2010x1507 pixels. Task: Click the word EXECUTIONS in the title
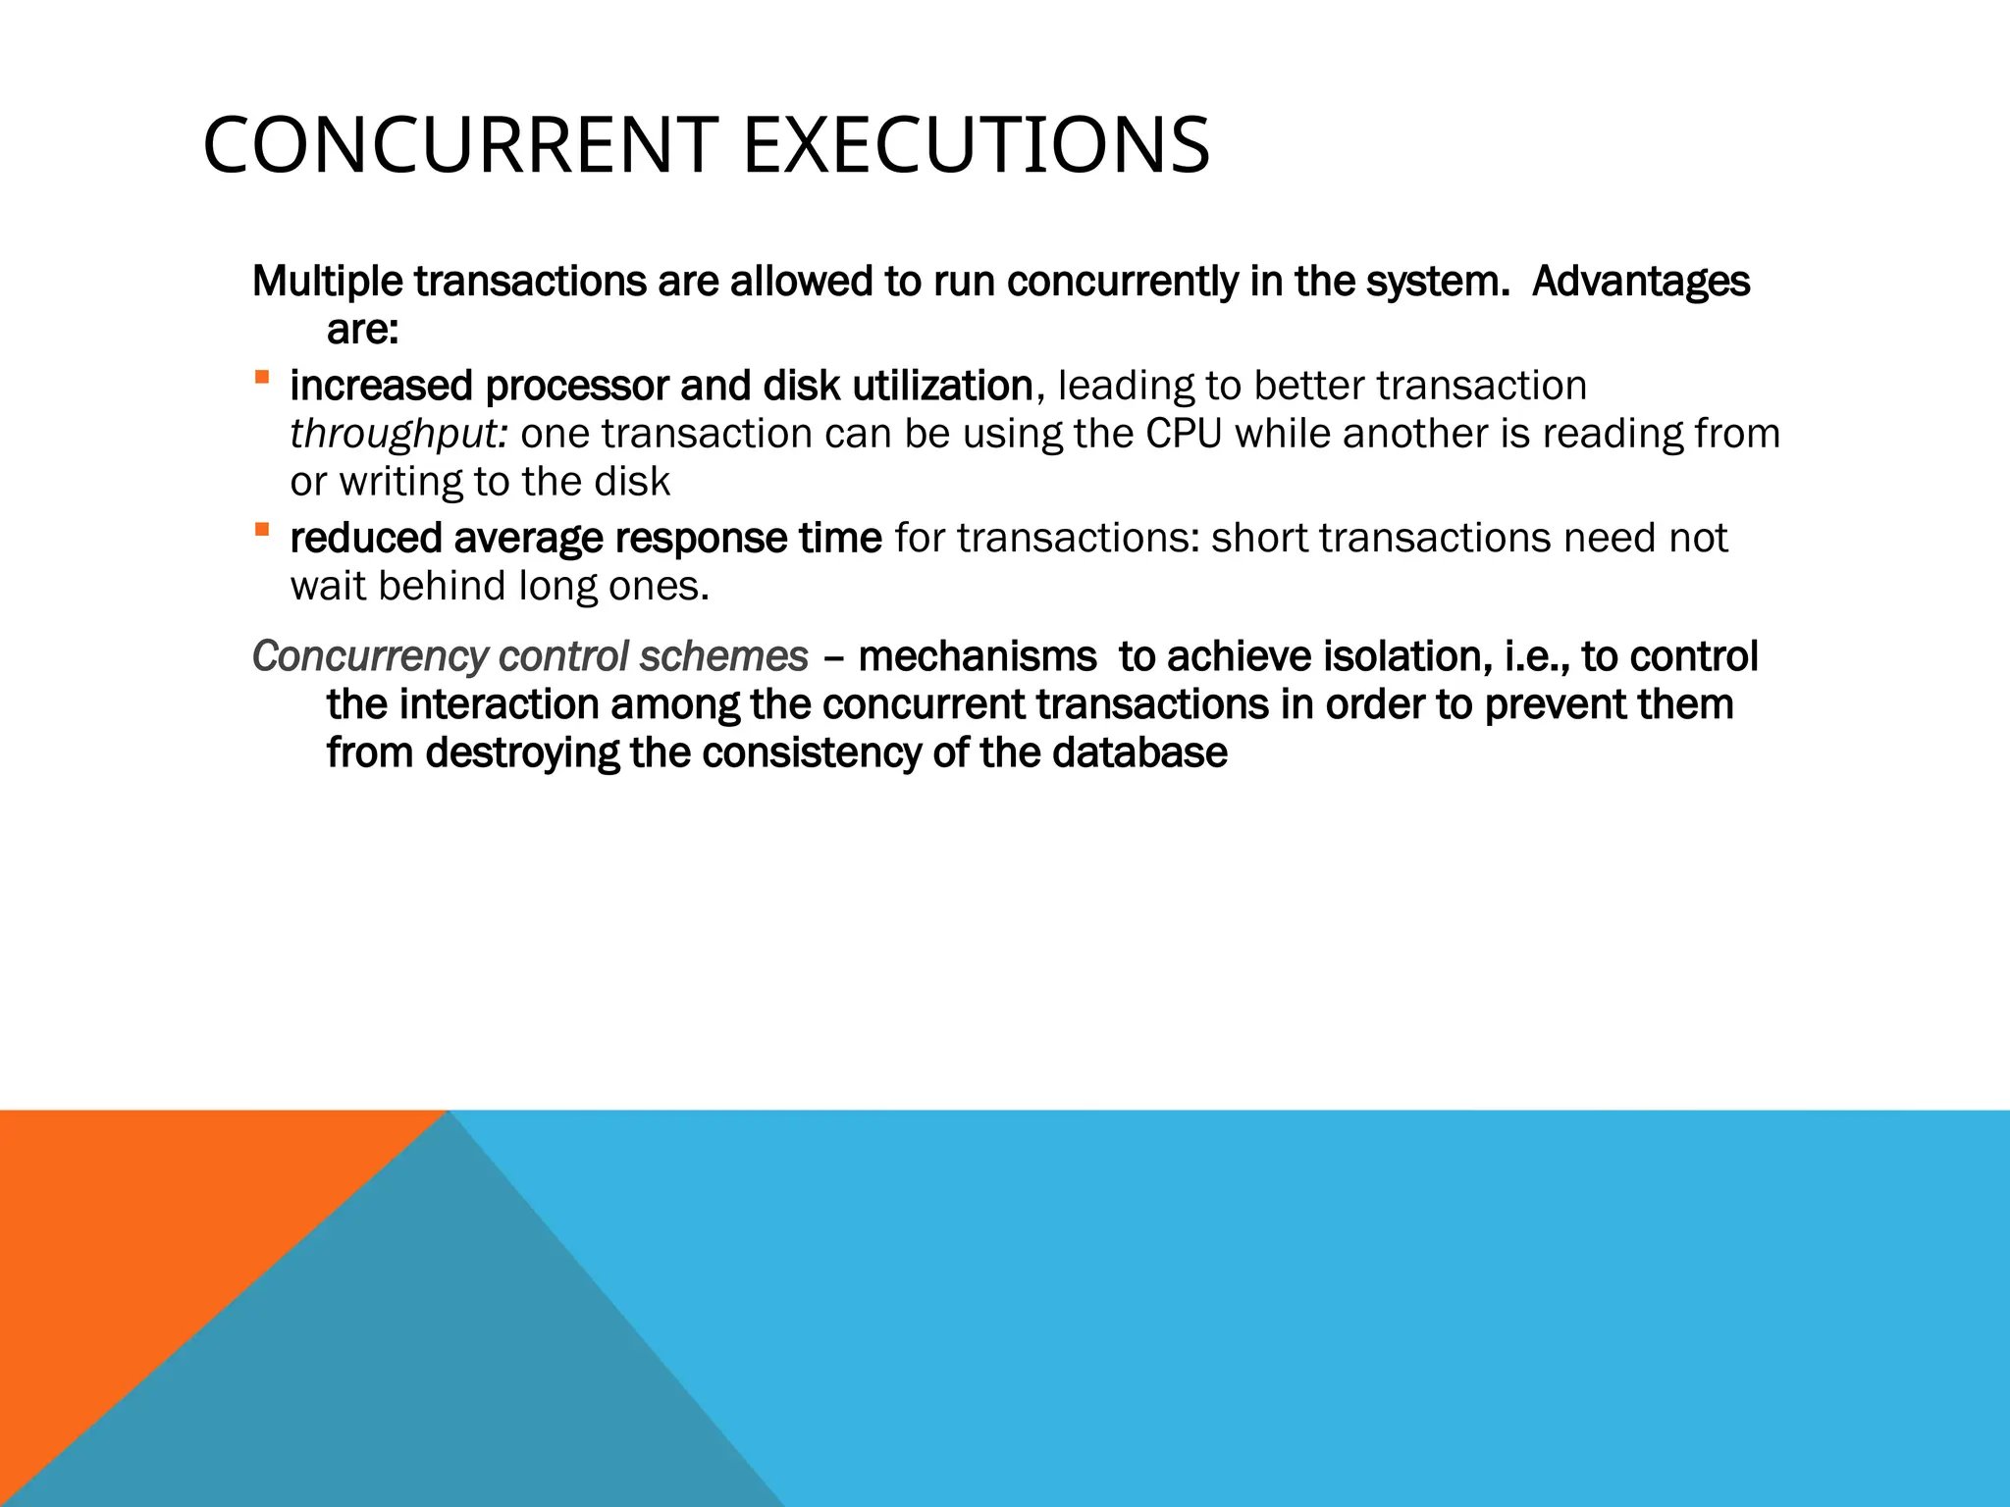976,145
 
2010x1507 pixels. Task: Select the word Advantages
1640,282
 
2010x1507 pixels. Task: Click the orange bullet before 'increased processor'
261,378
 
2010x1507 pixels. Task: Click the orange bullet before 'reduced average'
261,530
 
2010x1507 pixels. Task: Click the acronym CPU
1184,434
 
